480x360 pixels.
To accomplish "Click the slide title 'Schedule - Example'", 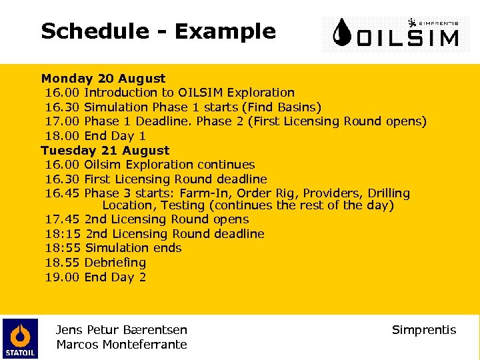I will [x=158, y=31].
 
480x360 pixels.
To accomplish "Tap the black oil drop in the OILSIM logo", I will [x=343, y=33].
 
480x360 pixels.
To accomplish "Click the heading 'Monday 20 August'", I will [x=103, y=79].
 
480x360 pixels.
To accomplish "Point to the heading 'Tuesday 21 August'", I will [x=105, y=151].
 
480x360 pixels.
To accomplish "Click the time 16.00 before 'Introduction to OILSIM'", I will [x=62, y=93].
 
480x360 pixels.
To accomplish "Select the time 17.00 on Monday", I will [x=62, y=121].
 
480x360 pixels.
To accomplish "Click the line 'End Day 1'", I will [x=115, y=136].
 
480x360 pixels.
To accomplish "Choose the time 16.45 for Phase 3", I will [x=62, y=193].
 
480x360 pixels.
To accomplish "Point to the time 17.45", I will [x=62, y=219].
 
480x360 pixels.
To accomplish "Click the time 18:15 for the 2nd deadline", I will [x=63, y=234].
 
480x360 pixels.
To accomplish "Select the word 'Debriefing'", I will [x=115, y=263].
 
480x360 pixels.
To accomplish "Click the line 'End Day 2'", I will [x=115, y=277].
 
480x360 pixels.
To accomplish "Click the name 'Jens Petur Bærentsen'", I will [x=121, y=330].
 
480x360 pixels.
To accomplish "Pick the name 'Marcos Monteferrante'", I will [x=121, y=345].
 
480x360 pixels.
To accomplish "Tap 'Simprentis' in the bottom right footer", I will [x=424, y=330].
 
